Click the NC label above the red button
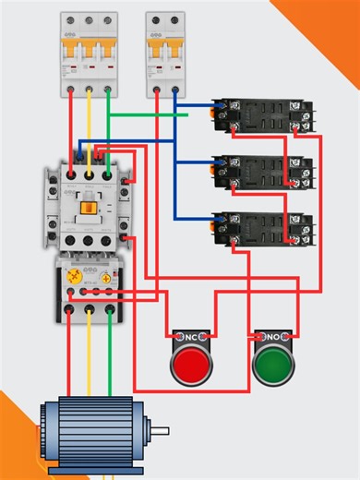tap(191, 336)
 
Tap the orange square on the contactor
tap(89, 206)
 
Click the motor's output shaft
tap(162, 431)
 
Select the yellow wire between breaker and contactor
tap(90, 129)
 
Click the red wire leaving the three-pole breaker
tap(68, 129)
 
